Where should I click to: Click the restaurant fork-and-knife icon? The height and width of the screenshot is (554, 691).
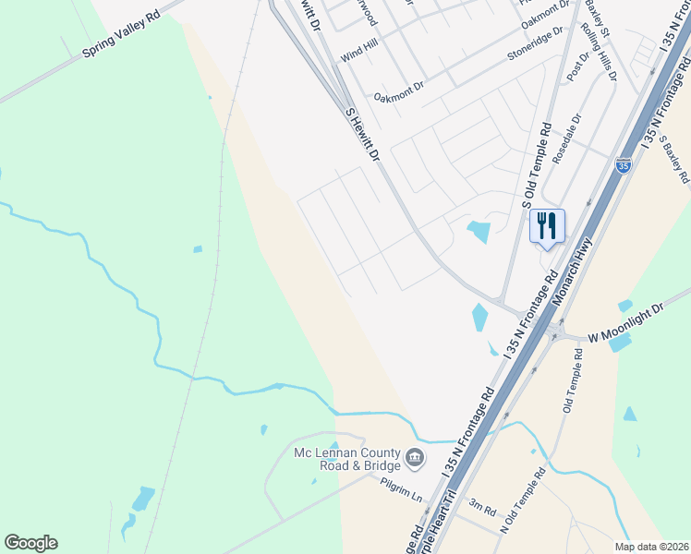pos(547,223)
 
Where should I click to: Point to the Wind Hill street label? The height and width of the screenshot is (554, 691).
pos(359,55)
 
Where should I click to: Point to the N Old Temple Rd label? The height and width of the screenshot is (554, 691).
pos(523,500)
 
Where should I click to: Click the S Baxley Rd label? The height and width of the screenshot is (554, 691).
pos(676,156)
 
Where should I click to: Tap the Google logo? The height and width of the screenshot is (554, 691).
pos(30,543)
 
